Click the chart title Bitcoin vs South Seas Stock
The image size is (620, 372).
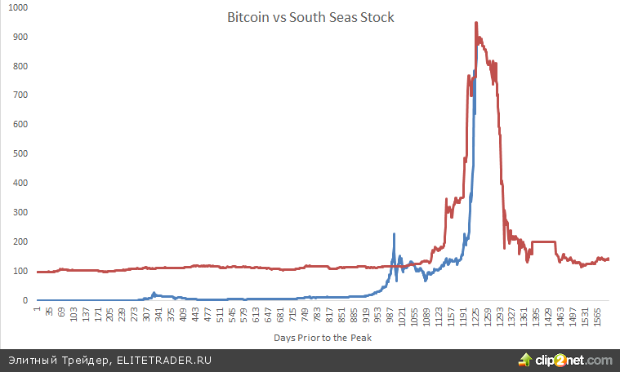point(310,17)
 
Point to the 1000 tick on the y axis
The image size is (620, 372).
point(16,7)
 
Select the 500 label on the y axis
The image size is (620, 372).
point(19,153)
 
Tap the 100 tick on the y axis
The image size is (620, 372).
point(19,271)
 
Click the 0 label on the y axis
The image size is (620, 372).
point(25,300)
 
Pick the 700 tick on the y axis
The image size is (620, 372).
point(19,95)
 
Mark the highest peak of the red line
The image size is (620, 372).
point(475,23)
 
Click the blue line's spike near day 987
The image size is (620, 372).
point(394,234)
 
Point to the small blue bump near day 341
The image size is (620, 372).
point(154,293)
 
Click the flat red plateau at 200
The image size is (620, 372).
point(543,241)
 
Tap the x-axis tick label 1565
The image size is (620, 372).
point(597,317)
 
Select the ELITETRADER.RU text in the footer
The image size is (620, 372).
point(163,360)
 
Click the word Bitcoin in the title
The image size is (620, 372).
point(246,17)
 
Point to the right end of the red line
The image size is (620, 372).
point(609,259)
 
